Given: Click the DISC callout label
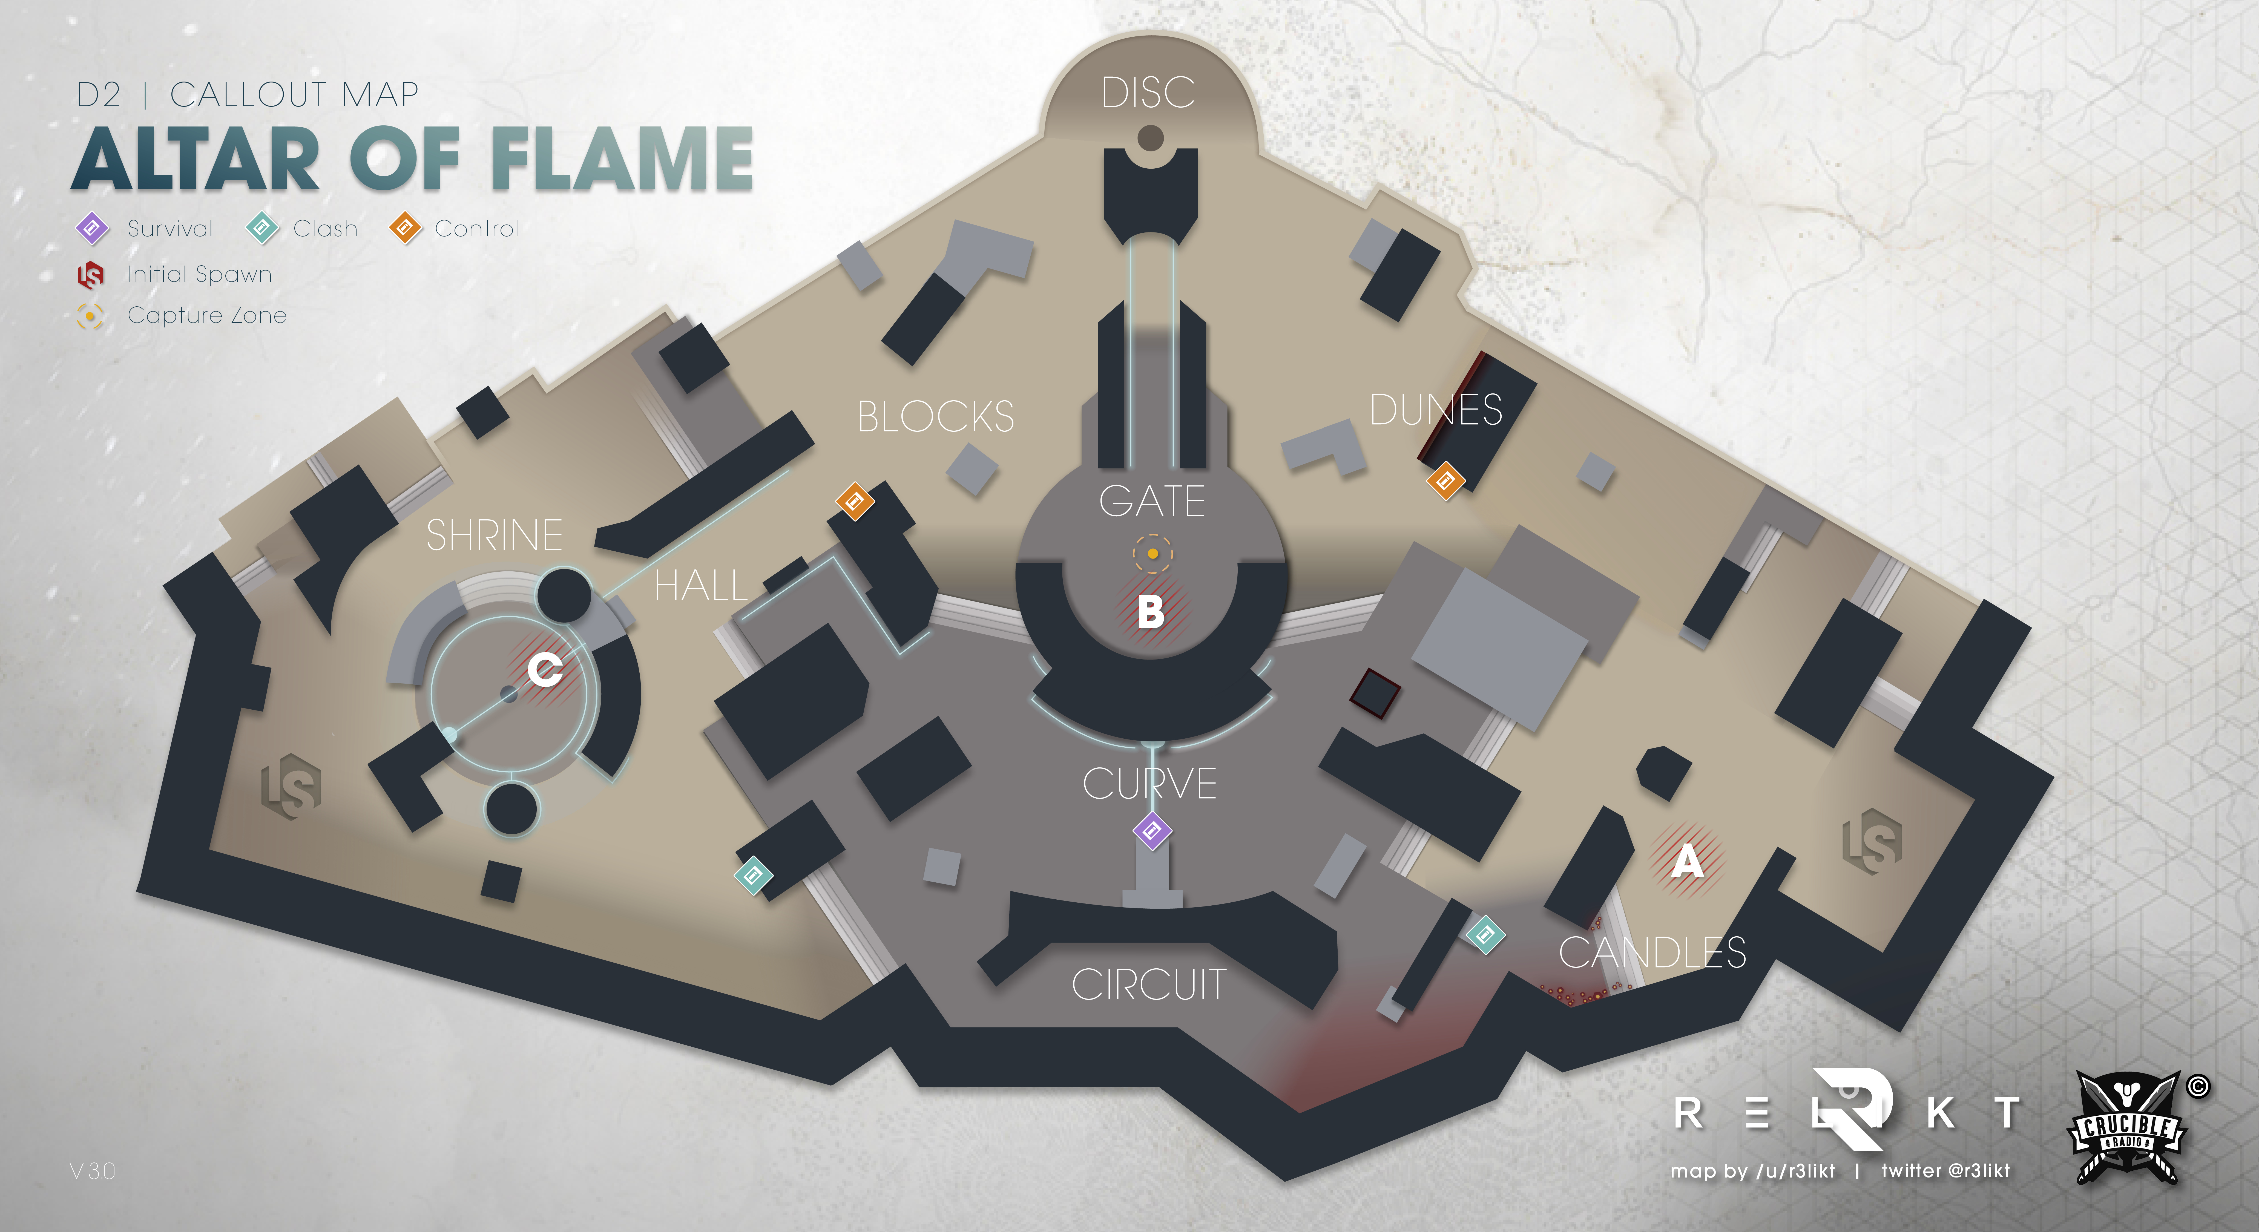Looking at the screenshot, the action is (x=1148, y=92).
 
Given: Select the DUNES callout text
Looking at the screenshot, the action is (x=1436, y=410).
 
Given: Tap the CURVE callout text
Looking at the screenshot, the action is (x=1150, y=783).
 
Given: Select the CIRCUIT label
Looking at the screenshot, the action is (x=1149, y=984).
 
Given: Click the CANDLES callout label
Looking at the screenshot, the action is (x=1652, y=952).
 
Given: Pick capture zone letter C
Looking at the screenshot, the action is (x=545, y=671).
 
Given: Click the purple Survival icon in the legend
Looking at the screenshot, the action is (x=92, y=228).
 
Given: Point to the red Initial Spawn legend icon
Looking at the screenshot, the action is (x=90, y=274).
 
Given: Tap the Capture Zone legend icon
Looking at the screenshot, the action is (x=90, y=316).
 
